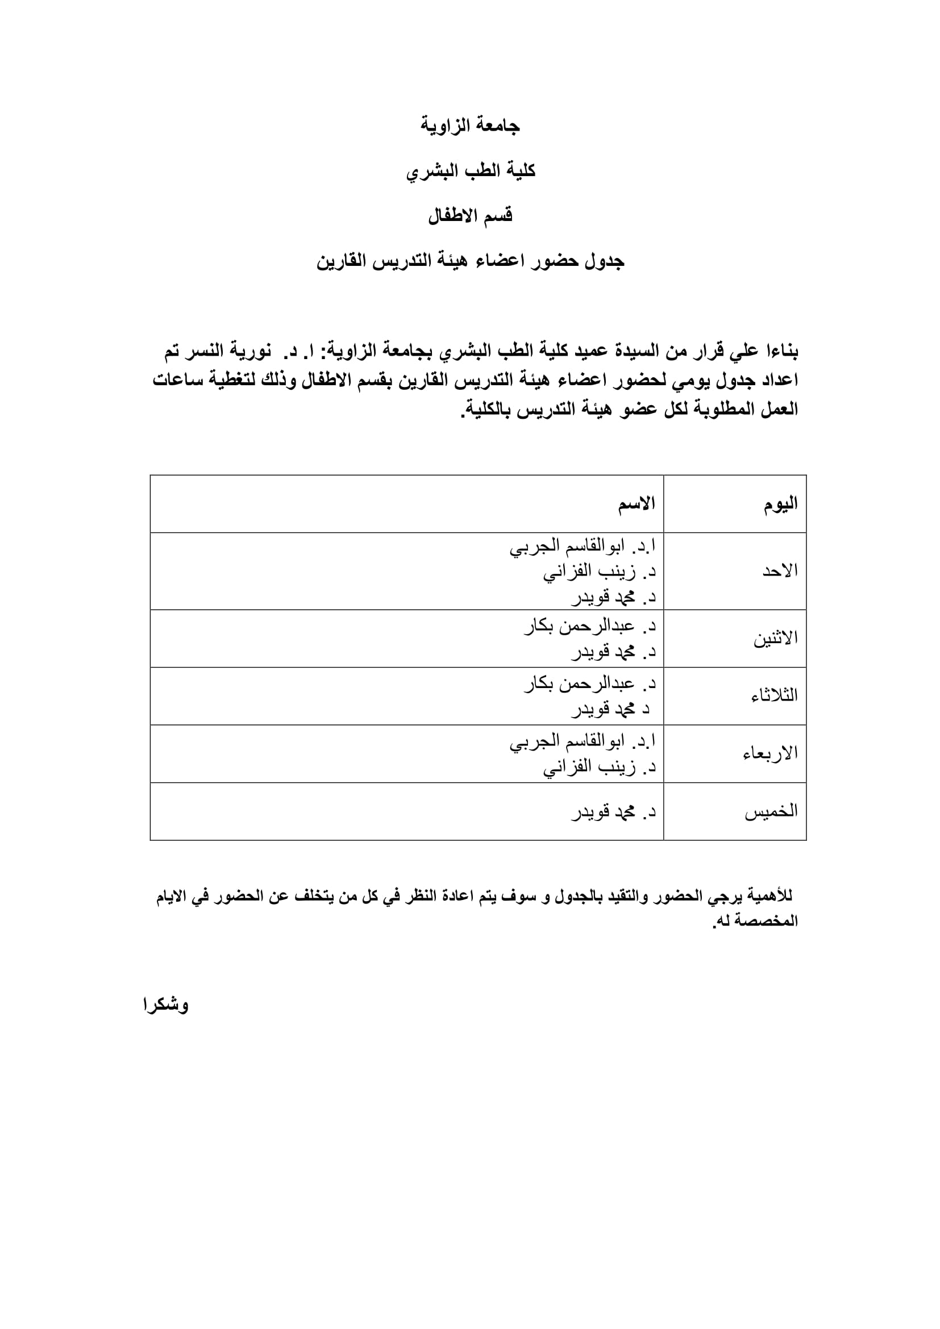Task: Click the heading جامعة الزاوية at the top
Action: [x=470, y=126]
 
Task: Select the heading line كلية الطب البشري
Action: [x=470, y=171]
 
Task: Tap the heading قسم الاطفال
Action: [x=470, y=216]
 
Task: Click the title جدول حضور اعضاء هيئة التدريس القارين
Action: [x=470, y=261]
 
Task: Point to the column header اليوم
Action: [x=780, y=504]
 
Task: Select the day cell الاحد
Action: [x=780, y=571]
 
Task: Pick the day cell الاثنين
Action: [x=775, y=639]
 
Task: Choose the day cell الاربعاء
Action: [x=770, y=753]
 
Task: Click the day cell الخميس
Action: [x=771, y=811]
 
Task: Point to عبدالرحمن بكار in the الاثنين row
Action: [x=579, y=626]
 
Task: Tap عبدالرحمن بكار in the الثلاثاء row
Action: [x=579, y=684]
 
